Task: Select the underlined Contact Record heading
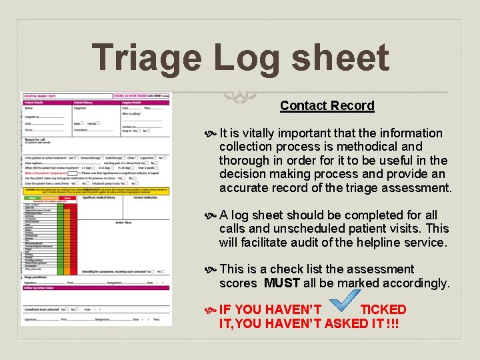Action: (x=327, y=105)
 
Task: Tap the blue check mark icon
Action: (x=343, y=302)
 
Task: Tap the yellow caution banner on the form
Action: (x=96, y=191)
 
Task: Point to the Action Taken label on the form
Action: (x=124, y=223)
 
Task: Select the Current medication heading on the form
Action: (x=144, y=198)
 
